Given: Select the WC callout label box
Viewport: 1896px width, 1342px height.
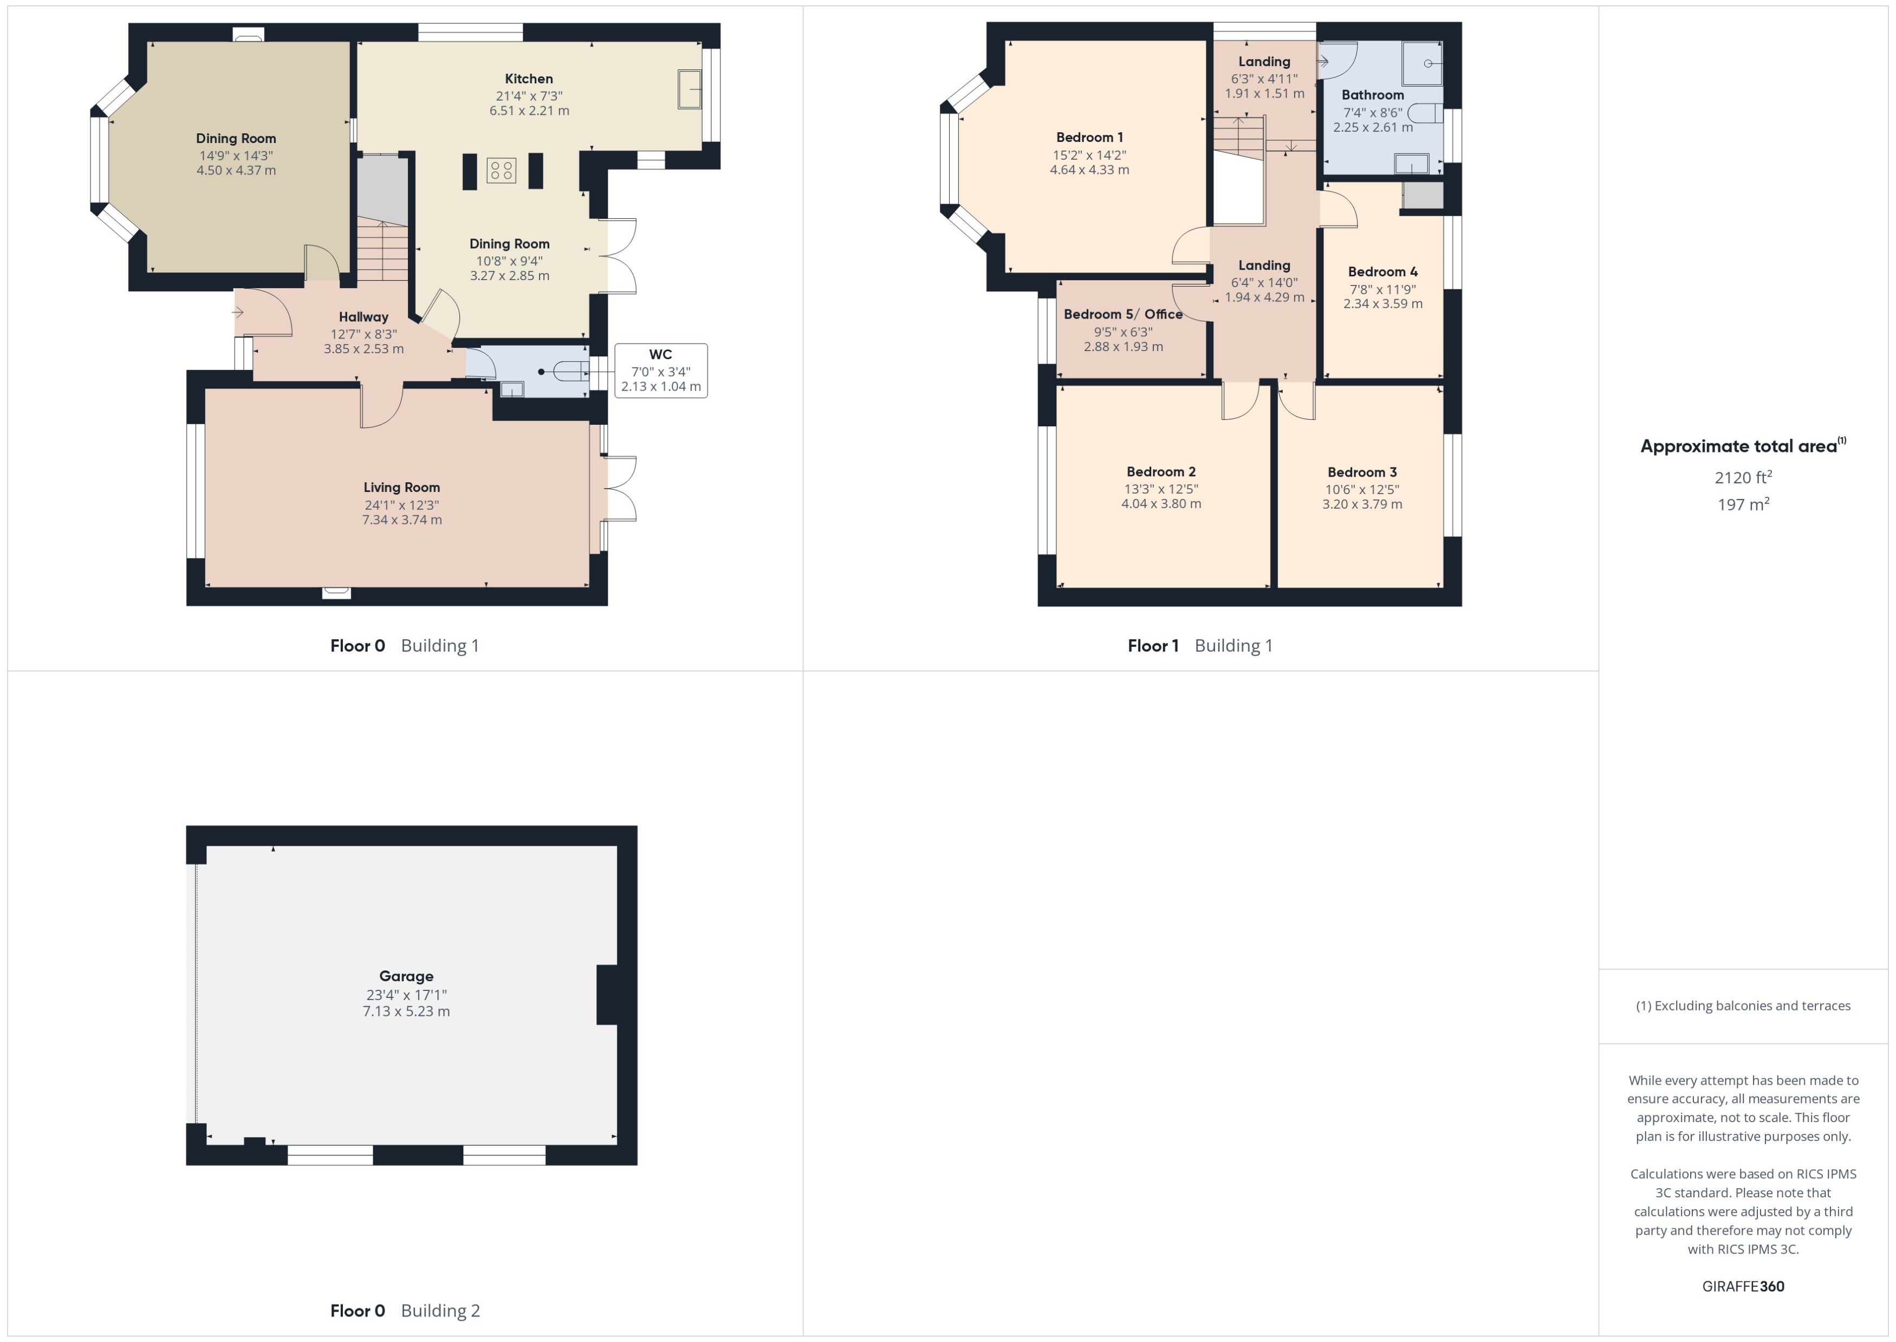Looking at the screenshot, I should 660,370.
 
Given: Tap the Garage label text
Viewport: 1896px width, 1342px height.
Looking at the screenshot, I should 406,976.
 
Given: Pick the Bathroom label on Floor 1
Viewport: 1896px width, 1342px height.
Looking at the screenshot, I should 1372,95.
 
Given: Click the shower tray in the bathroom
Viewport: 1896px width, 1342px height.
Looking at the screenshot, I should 1422,63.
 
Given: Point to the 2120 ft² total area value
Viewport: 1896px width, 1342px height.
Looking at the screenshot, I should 1742,478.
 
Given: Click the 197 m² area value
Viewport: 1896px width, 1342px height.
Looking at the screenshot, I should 1742,504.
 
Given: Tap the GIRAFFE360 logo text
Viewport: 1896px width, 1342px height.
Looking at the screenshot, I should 1742,1286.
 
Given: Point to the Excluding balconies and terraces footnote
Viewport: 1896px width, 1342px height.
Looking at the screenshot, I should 1742,1006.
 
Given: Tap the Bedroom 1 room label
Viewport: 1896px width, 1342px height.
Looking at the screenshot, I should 1089,137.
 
